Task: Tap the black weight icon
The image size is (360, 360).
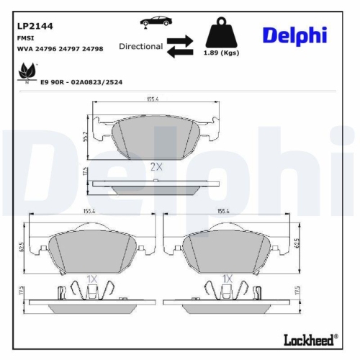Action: click(x=222, y=34)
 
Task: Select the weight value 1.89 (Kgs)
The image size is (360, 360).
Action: click(x=222, y=54)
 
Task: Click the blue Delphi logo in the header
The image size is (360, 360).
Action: click(x=294, y=35)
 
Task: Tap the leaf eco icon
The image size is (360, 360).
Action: click(x=27, y=73)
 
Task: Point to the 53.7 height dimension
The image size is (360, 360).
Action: click(x=86, y=136)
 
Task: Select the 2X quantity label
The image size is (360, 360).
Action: click(x=156, y=166)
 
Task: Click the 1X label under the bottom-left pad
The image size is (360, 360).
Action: click(x=91, y=278)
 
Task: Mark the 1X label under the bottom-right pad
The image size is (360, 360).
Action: click(x=227, y=278)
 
